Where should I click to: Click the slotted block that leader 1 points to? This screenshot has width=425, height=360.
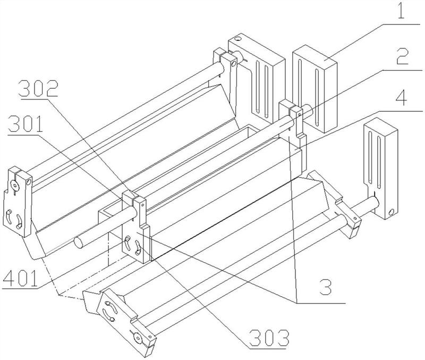coord(314,88)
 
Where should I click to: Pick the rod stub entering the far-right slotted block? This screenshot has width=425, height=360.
coord(370,203)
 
